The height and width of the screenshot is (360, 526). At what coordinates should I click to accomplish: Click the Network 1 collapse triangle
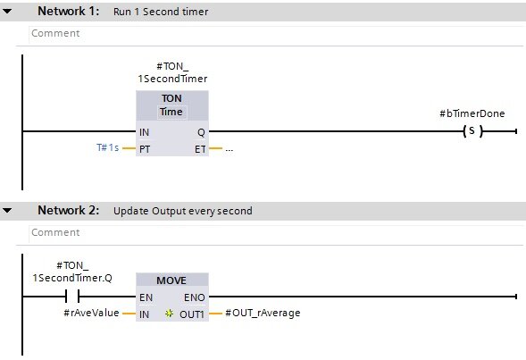(x=7, y=11)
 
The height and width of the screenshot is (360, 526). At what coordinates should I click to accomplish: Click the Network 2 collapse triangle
(x=7, y=210)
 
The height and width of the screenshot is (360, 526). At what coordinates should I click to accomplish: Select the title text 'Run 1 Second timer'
(x=161, y=12)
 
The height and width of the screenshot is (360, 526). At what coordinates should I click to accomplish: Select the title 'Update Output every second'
(x=183, y=211)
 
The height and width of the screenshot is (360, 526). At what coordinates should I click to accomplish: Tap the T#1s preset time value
(x=108, y=147)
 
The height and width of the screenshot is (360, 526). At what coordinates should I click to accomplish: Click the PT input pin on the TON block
(x=145, y=149)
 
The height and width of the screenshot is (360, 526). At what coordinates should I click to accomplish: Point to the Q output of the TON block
(x=201, y=132)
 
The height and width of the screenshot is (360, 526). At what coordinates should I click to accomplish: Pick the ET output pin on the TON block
(x=200, y=149)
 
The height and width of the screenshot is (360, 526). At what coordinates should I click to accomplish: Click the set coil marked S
(x=472, y=130)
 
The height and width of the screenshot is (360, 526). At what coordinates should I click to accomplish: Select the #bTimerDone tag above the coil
(x=472, y=113)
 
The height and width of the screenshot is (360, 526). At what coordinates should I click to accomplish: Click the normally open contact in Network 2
(x=72, y=297)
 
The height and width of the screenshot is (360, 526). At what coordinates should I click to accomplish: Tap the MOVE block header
(x=172, y=280)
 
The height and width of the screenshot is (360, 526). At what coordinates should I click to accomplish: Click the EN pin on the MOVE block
(x=146, y=297)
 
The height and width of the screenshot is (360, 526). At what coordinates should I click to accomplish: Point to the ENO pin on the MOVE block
(x=194, y=297)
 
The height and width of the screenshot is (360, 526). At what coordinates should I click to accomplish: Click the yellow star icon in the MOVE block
(x=169, y=314)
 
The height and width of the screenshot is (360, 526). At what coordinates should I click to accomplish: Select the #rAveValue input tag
(x=92, y=313)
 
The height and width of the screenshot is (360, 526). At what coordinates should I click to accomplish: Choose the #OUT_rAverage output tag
(x=263, y=313)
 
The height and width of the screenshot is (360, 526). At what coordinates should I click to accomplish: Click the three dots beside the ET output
(x=230, y=150)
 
